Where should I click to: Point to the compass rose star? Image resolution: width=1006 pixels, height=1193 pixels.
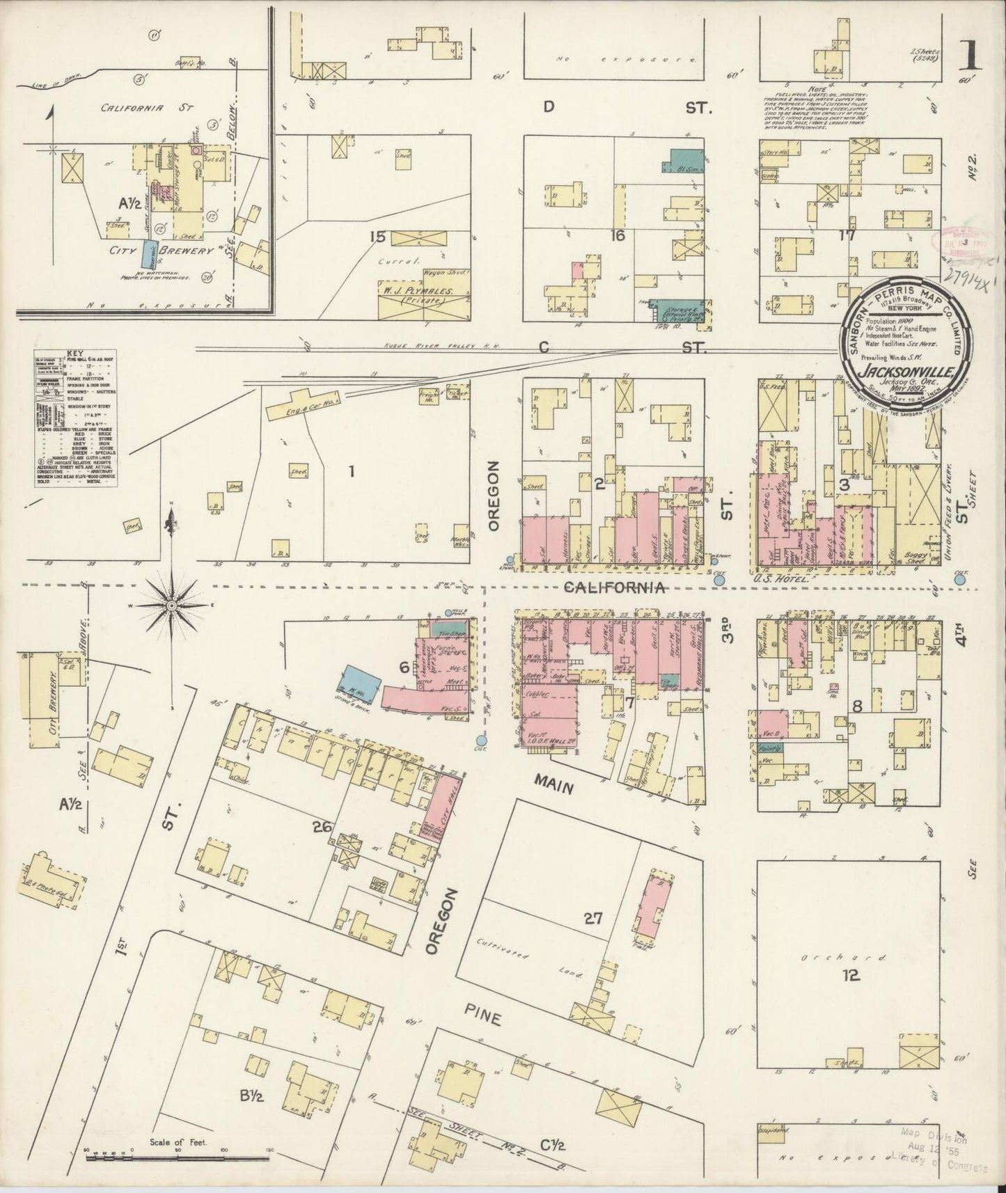point(171,606)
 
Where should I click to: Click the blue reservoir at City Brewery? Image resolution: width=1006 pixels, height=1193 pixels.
point(148,254)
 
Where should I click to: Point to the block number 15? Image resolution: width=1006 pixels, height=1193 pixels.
point(378,237)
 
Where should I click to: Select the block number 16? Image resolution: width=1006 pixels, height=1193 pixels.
point(618,236)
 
